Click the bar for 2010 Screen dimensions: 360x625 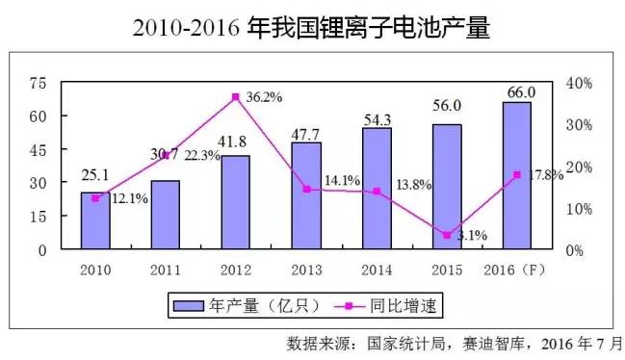[x=95, y=220]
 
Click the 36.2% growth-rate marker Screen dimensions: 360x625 [x=236, y=97]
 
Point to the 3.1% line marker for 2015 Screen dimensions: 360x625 [x=447, y=235]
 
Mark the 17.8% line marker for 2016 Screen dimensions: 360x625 [x=517, y=174]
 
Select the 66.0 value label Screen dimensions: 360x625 [x=518, y=91]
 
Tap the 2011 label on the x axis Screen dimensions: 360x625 [x=165, y=269]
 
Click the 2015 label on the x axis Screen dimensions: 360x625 [x=447, y=269]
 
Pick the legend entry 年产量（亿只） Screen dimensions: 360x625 [x=241, y=306]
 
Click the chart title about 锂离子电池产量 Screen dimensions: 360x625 [x=312, y=28]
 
